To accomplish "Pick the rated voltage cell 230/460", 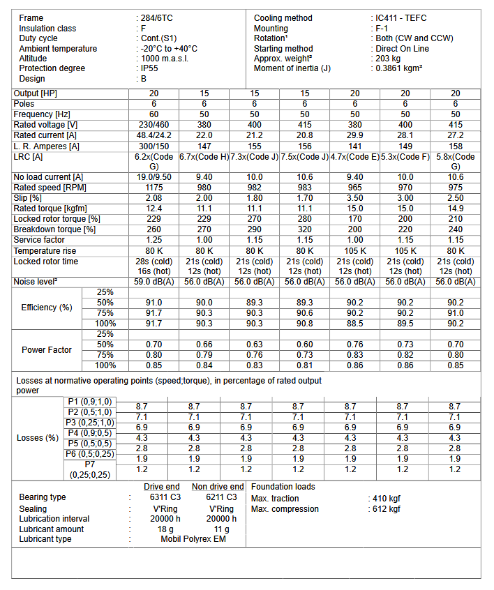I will (x=154, y=124).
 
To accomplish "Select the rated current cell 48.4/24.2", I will (x=154, y=135).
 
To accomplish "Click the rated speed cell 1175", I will (x=154, y=188).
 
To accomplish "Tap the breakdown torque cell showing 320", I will (x=305, y=229).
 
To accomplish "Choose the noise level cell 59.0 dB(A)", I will (x=154, y=282).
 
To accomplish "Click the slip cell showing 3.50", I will (x=355, y=198).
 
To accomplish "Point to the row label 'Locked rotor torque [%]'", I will (x=57, y=219).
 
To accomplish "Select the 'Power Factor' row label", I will (x=47, y=349).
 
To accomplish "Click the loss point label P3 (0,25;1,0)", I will (x=90, y=422).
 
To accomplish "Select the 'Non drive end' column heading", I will (x=218, y=487).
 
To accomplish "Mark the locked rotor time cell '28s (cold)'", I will (x=154, y=262).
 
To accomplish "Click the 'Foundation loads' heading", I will (x=283, y=487).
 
